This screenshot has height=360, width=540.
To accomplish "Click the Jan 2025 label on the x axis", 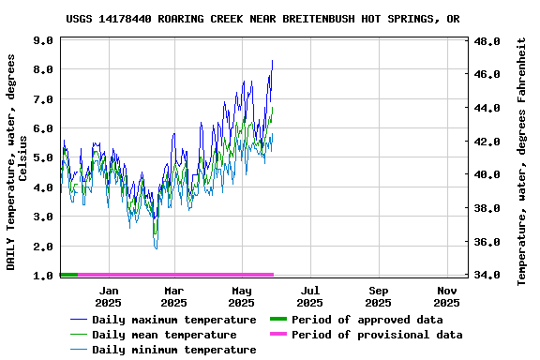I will (108, 296).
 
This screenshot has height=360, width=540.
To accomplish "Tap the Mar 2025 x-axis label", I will (173, 296).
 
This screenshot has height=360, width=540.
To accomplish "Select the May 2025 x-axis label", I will (242, 296).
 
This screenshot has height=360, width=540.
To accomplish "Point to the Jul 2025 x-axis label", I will (309, 296).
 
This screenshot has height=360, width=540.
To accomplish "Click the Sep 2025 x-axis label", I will (378, 296).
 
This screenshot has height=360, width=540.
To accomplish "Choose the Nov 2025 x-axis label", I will (446, 296).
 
